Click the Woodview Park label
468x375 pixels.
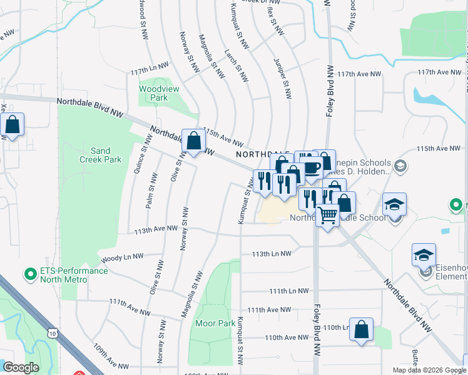pos(158,93)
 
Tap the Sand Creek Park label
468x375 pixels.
pos(105,155)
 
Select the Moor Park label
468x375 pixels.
pos(215,323)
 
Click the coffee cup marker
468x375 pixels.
pos(311,167)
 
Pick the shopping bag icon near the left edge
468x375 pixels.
pos(13,124)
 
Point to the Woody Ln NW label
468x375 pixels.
pos(122,257)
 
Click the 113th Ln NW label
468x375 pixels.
pos(272,254)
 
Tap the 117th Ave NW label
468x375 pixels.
pos(359,74)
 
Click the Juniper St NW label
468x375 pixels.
pos(283,79)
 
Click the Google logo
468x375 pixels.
pos(21,367)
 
